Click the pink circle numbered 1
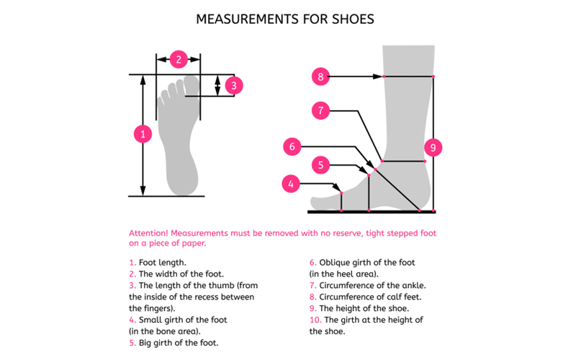143,134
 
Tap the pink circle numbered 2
179,59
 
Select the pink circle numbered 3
233,86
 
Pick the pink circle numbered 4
291,184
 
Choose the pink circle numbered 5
322,165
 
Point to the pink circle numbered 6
292,147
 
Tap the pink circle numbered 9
433,148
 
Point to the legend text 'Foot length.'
163,263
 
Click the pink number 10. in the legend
315,320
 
